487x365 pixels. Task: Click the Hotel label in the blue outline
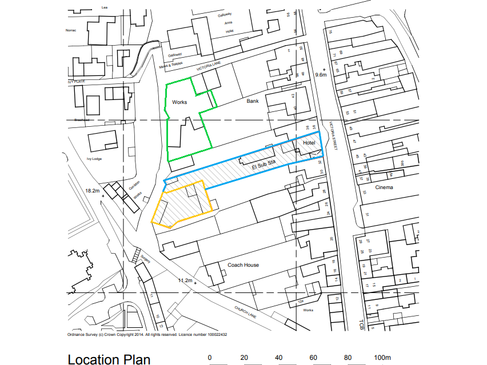pyautogui.click(x=309, y=142)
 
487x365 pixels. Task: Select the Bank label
pyautogui.click(x=253, y=101)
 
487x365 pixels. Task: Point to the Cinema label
pyautogui.click(x=384, y=187)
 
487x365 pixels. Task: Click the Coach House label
pyautogui.click(x=243, y=265)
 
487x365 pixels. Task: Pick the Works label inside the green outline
pyautogui.click(x=179, y=102)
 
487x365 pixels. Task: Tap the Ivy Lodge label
pyautogui.click(x=94, y=158)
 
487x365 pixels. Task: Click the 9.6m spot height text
pyautogui.click(x=321, y=75)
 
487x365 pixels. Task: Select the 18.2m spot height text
pyautogui.click(x=93, y=190)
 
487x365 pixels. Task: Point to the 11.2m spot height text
pyautogui.click(x=185, y=280)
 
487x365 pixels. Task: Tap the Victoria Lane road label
pyautogui.click(x=208, y=67)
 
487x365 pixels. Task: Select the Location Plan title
pyautogui.click(x=109, y=359)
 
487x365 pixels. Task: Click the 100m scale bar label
pyautogui.click(x=382, y=358)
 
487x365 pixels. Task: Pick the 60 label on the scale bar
pyautogui.click(x=313, y=358)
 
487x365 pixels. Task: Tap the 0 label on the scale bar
pyautogui.click(x=210, y=358)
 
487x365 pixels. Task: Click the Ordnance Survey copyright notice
pyautogui.click(x=147, y=335)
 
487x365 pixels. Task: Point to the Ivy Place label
pyautogui.click(x=76, y=82)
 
